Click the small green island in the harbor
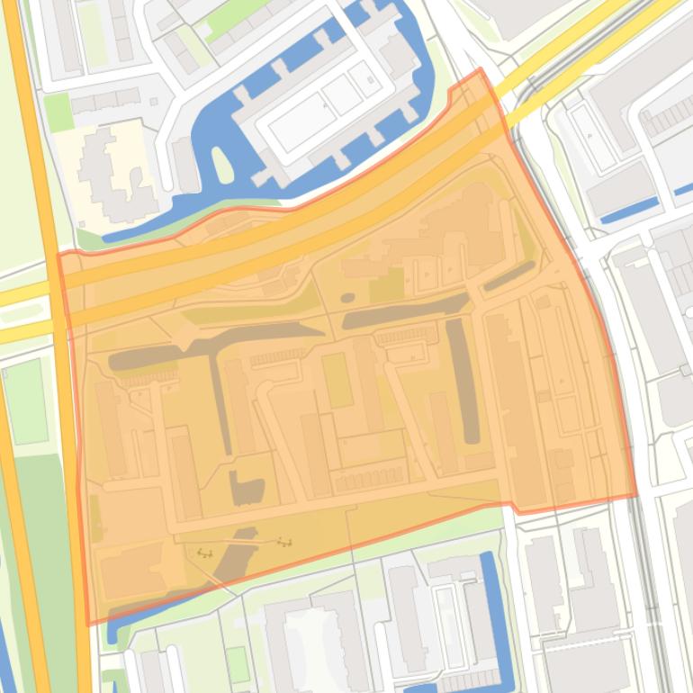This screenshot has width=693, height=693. click(x=221, y=165)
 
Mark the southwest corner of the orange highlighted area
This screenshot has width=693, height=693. click(x=87, y=624)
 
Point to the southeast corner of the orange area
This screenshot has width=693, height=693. click(x=636, y=495)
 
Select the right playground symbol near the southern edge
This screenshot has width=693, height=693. click(x=285, y=543)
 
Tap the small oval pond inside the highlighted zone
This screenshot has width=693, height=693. click(x=347, y=298)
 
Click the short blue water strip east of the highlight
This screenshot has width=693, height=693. click(x=629, y=211)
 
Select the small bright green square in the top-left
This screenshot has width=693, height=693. click(x=58, y=112)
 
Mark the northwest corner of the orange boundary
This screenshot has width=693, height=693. click(x=59, y=255)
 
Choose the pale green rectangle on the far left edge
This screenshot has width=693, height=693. click(x=24, y=400)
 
